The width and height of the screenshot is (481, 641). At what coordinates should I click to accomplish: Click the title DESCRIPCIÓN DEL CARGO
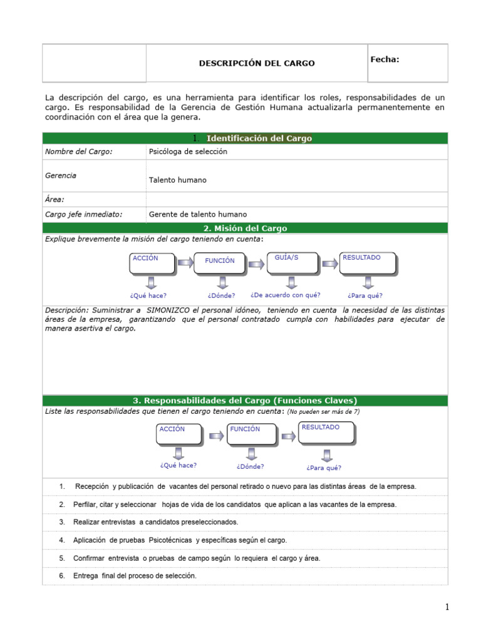tap(257, 63)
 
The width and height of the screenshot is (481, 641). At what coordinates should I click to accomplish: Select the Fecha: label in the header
tap(385, 59)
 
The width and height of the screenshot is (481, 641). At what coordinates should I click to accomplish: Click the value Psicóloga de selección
tap(188, 151)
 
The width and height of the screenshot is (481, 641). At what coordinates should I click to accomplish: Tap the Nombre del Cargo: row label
tap(79, 151)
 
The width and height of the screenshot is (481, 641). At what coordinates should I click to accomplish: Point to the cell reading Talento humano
tap(177, 180)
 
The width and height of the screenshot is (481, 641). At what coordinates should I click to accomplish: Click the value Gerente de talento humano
tap(198, 214)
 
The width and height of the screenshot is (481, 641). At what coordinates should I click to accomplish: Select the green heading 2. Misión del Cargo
tap(245, 228)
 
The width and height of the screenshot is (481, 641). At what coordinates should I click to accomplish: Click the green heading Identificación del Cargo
tap(259, 138)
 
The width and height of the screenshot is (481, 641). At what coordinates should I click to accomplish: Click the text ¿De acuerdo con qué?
tap(286, 295)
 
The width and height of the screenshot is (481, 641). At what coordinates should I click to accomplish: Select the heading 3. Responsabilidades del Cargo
tap(245, 401)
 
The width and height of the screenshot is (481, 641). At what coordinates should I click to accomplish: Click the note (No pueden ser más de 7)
tap(323, 412)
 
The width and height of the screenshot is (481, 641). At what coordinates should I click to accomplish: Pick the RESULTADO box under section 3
tap(326, 433)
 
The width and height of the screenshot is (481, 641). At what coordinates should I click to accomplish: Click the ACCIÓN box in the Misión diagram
tap(152, 264)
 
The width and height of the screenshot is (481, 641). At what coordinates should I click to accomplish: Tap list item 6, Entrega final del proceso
tap(135, 575)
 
